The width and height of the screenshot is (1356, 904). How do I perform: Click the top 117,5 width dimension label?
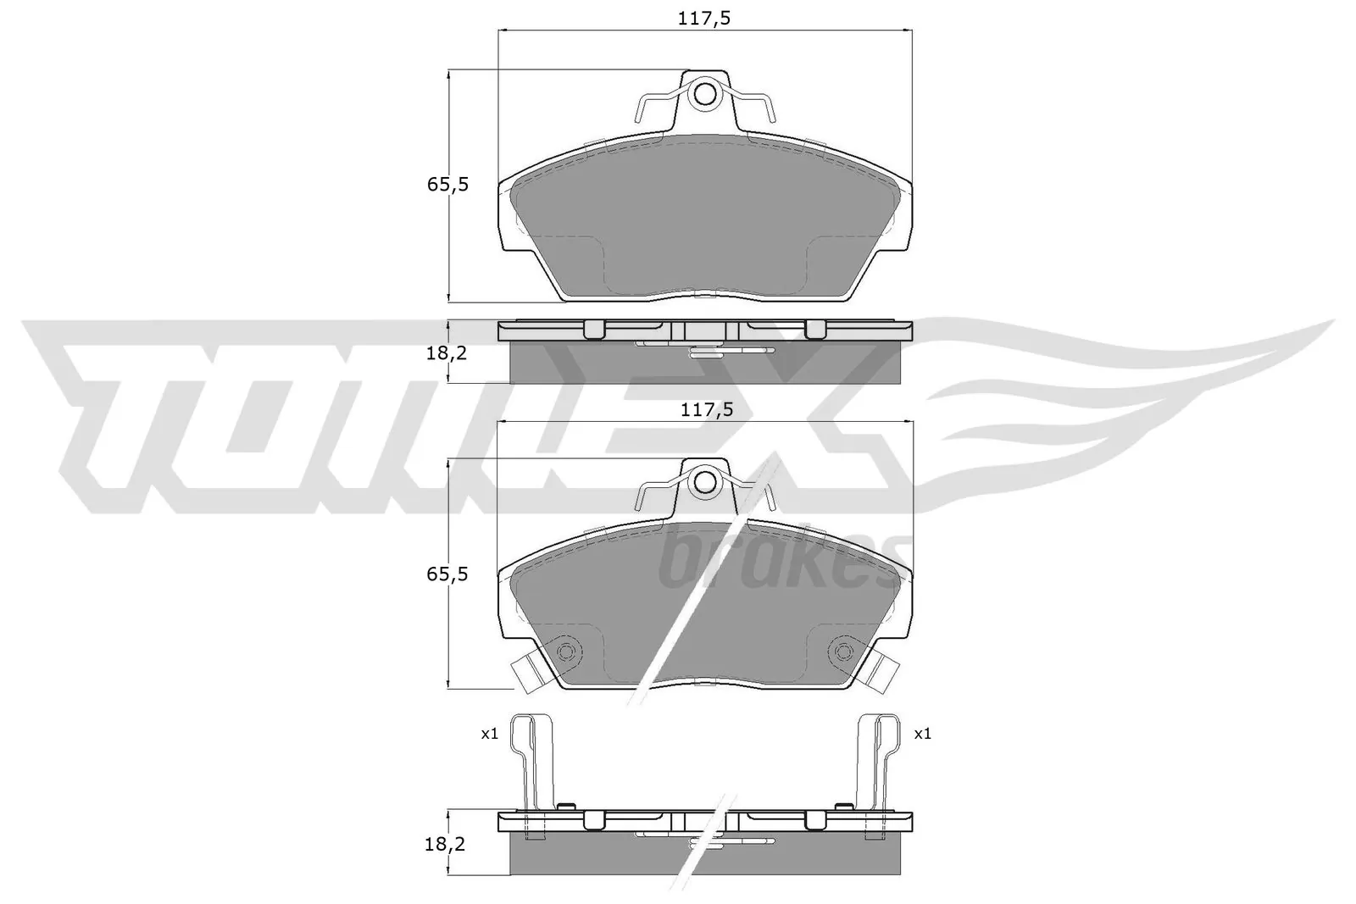click(705, 19)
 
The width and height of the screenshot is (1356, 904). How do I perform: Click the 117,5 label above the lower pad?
click(705, 409)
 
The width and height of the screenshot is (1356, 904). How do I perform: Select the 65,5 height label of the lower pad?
click(447, 574)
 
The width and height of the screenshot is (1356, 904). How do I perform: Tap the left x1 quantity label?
click(489, 734)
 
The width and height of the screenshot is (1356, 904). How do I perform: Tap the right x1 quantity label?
click(922, 734)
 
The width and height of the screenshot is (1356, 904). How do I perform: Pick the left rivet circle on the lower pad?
click(567, 651)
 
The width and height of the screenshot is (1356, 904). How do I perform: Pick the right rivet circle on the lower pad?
click(842, 651)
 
